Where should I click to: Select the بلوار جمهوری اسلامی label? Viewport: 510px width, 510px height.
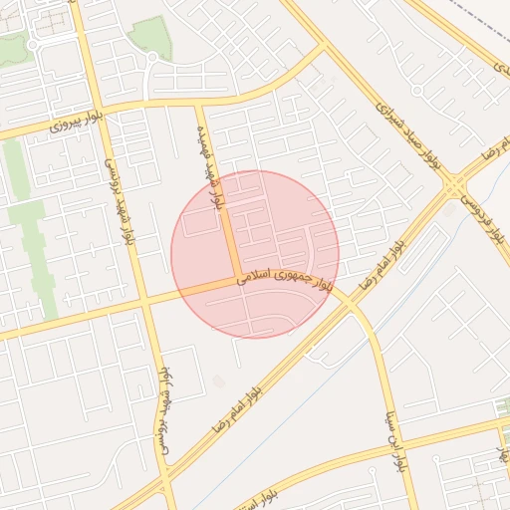pyautogui.click(x=283, y=282)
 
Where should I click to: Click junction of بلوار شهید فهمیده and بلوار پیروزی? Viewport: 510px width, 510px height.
pyautogui.click(x=200, y=102)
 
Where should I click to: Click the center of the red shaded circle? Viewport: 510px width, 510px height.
pyautogui.click(x=255, y=254)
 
